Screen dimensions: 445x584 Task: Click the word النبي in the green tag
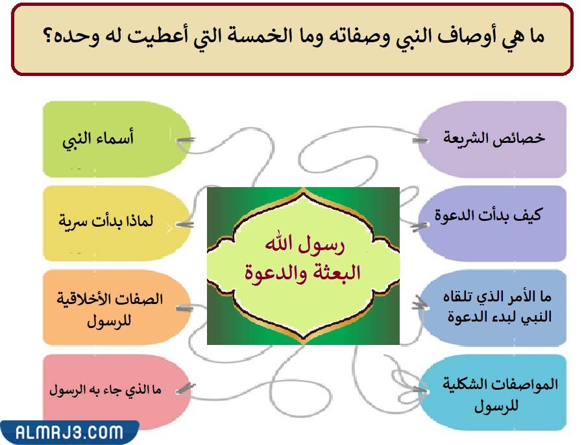tap(78, 142)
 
